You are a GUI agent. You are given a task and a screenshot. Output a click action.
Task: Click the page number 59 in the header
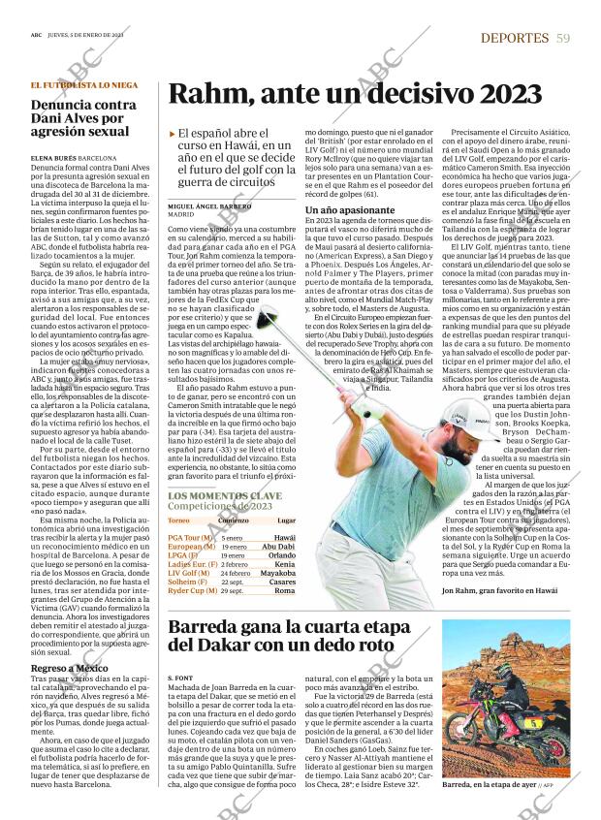[x=563, y=38]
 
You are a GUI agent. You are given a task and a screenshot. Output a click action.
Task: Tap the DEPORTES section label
[x=514, y=38]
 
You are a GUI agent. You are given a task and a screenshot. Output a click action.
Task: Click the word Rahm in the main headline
[x=208, y=94]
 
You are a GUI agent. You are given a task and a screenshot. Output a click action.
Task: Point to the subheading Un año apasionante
[x=341, y=209]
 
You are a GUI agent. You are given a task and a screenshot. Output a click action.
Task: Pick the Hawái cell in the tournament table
[x=284, y=537]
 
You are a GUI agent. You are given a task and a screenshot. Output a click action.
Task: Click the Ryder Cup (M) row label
[x=191, y=590]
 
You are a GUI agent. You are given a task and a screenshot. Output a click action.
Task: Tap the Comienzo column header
[x=232, y=520]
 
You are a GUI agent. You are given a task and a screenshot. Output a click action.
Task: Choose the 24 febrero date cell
[x=237, y=573]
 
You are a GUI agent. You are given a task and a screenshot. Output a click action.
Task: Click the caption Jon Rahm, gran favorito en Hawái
[x=499, y=589]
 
